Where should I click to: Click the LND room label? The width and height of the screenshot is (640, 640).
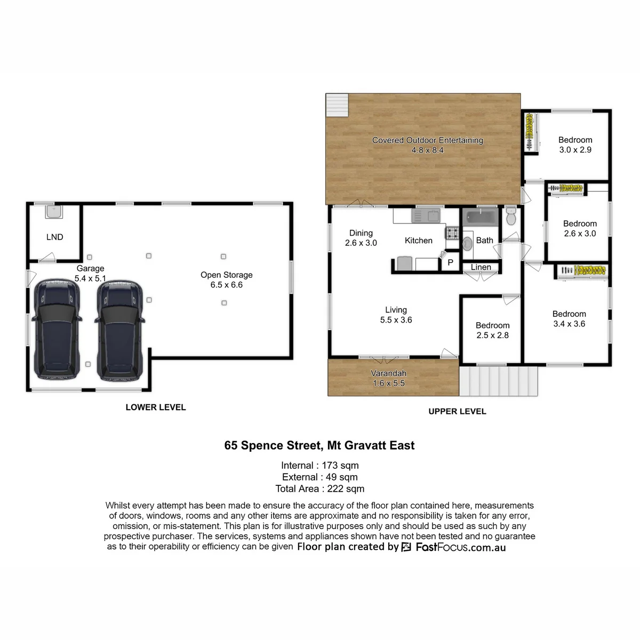tap(54, 237)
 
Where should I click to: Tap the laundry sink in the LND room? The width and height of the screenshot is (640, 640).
tap(54, 212)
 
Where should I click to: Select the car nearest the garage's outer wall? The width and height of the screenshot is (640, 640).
tap(57, 329)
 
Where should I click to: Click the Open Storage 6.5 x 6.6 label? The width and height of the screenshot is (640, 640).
tap(227, 279)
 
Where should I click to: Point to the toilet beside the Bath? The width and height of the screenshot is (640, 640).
tap(511, 217)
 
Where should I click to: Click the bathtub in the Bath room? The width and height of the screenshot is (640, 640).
tap(481, 217)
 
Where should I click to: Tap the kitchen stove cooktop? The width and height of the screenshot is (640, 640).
tap(452, 233)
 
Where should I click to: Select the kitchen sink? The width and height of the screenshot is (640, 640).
tap(426, 216)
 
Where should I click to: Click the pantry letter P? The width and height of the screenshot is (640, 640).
tap(450, 263)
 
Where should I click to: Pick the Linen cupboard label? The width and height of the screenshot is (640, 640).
tap(481, 267)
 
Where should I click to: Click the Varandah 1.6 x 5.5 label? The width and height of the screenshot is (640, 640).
tap(389, 378)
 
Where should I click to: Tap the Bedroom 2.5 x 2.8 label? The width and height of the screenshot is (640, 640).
tap(493, 330)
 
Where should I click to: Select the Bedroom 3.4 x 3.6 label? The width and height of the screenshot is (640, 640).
tap(569, 319)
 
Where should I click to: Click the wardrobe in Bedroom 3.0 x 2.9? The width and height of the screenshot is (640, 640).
tap(530, 132)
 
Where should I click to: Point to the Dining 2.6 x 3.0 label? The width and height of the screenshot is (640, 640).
tap(361, 238)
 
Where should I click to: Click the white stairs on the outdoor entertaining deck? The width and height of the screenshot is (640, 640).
tap(337, 105)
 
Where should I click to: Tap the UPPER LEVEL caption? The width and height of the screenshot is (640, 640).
tap(457, 412)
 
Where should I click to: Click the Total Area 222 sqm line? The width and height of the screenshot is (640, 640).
tap(320, 489)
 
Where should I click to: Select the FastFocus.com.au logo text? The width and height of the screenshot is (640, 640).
tap(461, 547)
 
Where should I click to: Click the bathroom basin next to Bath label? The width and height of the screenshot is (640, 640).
tap(467, 243)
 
